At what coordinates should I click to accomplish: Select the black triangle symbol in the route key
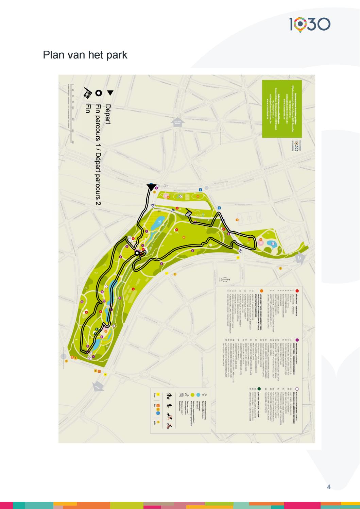(110, 92)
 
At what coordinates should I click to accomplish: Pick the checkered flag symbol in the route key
(88, 93)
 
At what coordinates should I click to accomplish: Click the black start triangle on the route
(152, 187)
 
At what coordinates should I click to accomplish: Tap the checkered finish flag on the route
(189, 214)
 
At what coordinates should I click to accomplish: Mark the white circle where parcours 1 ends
(137, 253)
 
